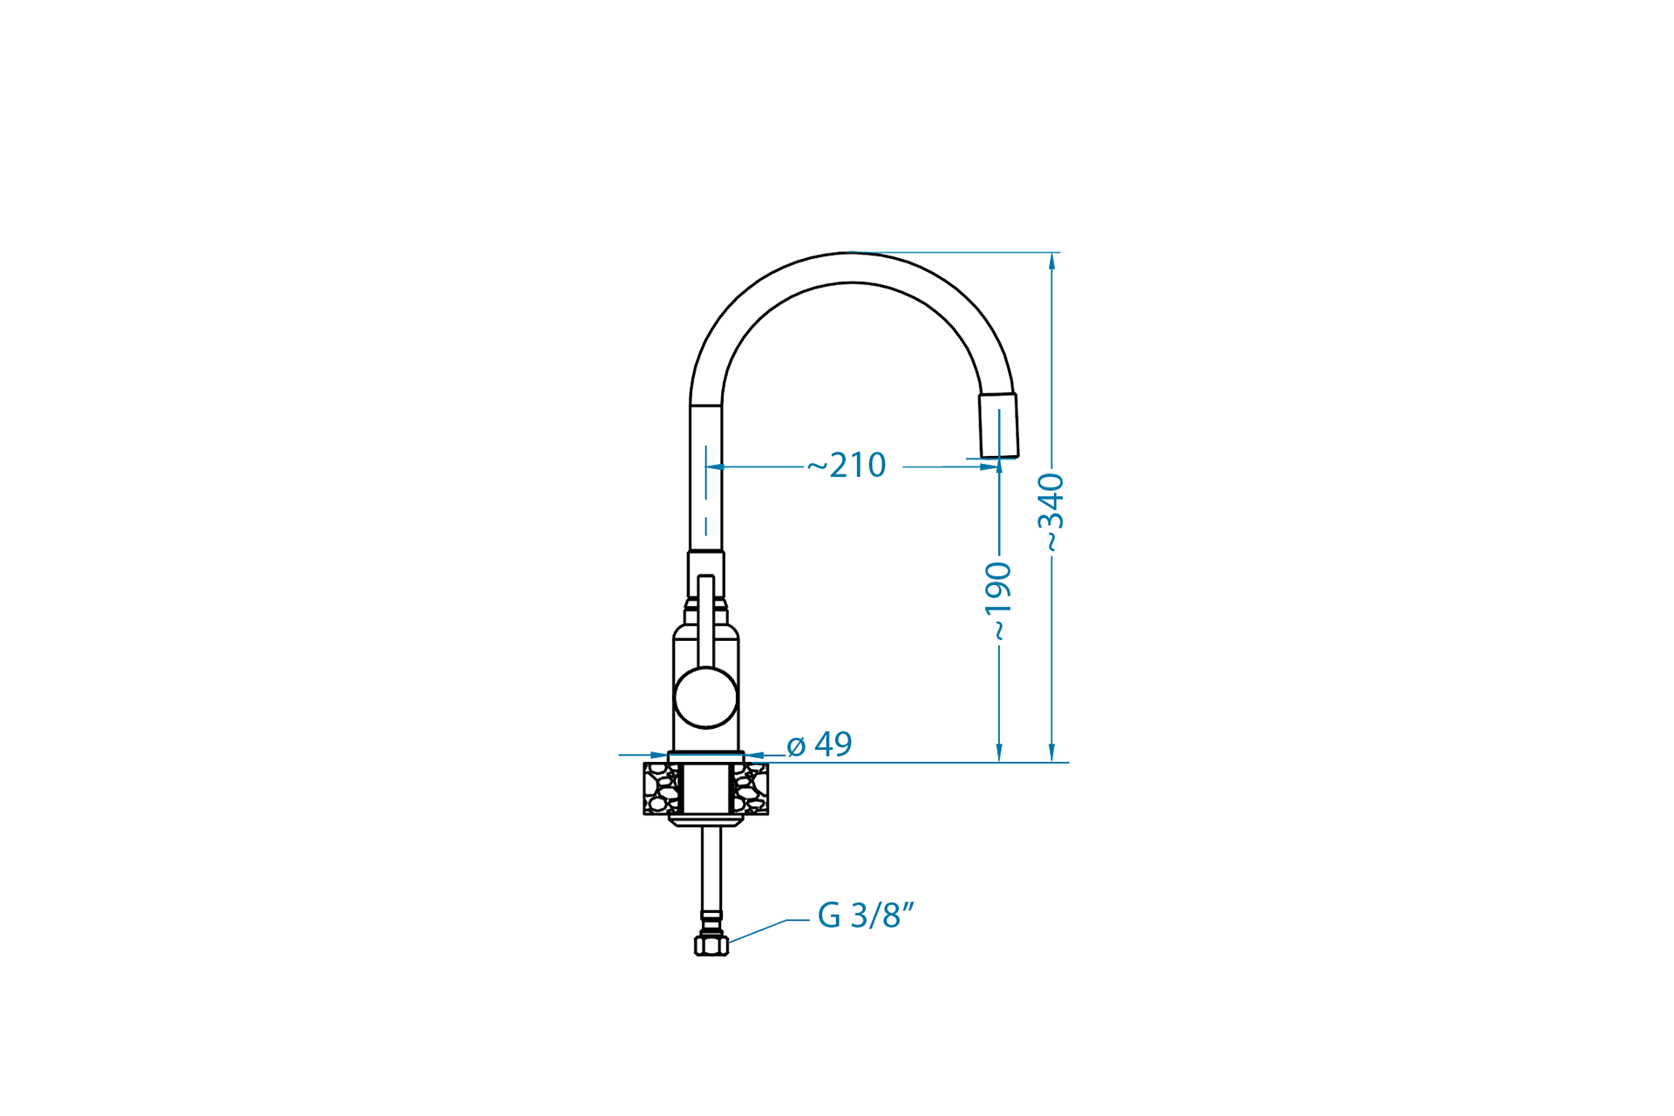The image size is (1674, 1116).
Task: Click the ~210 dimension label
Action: click(846, 465)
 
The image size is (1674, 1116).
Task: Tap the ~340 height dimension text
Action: click(1051, 513)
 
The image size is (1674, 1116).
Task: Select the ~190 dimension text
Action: click(998, 602)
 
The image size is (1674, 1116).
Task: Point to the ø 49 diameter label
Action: click(819, 744)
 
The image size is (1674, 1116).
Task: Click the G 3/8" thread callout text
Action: click(866, 915)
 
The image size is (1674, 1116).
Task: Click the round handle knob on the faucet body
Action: click(706, 697)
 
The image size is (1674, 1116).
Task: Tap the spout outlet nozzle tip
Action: click(999, 425)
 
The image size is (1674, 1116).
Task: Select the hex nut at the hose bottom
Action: click(711, 945)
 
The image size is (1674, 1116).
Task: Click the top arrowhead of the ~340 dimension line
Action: click(1052, 261)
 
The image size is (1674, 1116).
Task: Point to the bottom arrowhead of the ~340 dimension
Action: click(1052, 753)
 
